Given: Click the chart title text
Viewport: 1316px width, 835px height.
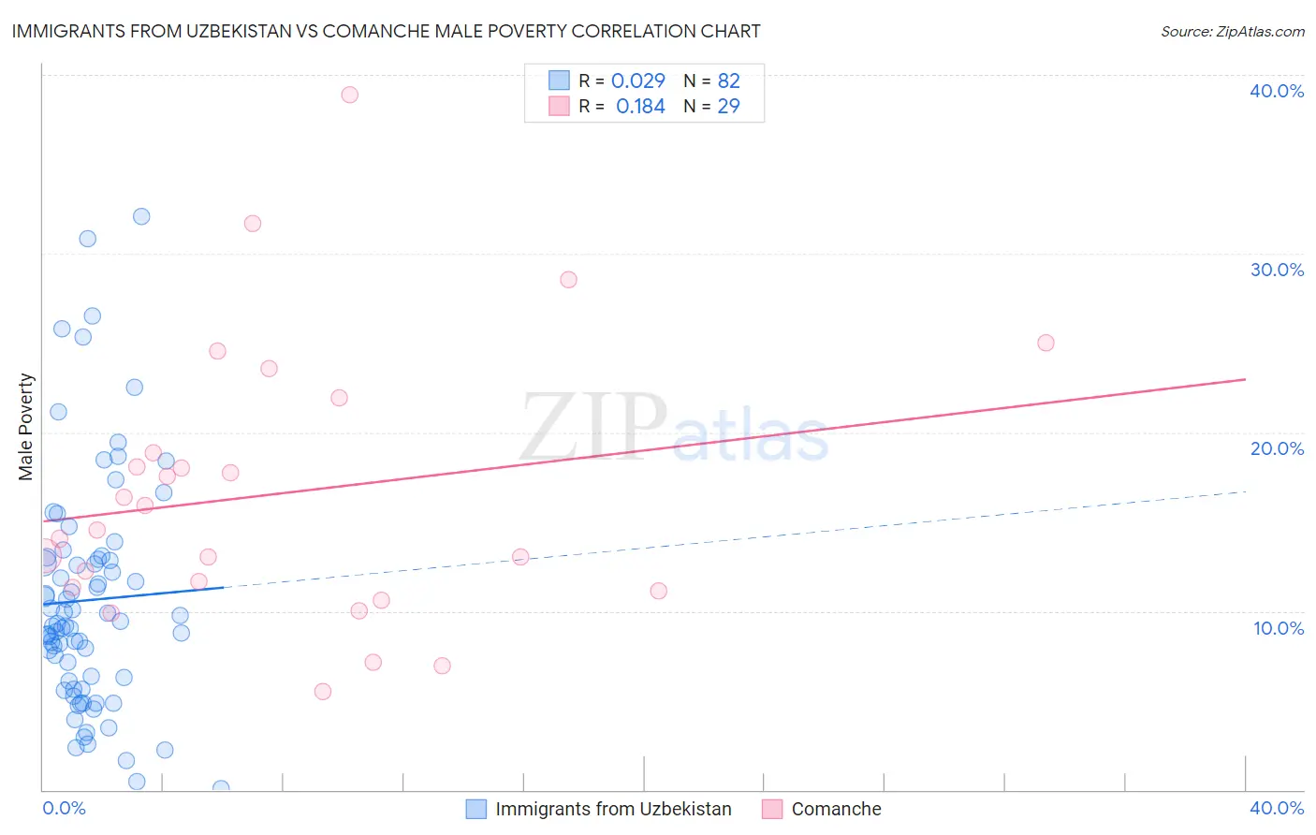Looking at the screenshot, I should click(386, 31).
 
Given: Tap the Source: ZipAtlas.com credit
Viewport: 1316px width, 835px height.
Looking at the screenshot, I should click(1232, 31).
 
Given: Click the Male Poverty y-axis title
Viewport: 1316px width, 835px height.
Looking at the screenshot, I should click(26, 427).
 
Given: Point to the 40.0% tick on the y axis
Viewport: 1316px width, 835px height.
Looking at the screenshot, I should click(1276, 91).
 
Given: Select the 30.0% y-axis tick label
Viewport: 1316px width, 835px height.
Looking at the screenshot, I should click(1276, 270).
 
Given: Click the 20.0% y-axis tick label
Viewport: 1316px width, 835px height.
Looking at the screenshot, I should click(1276, 448).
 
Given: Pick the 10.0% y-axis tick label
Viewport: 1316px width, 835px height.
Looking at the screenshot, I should click(1278, 628).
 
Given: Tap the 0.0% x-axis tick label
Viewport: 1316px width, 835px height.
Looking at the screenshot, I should click(64, 808).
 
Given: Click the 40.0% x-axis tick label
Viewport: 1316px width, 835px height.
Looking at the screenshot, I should click(1276, 808).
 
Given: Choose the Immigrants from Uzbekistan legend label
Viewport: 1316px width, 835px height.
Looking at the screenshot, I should click(613, 809).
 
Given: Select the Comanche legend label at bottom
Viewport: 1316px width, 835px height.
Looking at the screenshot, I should click(836, 809).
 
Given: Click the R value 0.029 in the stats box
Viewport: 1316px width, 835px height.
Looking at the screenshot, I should click(637, 81).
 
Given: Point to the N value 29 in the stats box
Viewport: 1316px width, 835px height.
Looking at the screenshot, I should click(728, 107).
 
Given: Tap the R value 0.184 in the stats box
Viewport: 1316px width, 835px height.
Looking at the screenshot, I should click(640, 107).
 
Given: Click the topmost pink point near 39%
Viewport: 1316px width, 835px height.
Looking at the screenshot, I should click(349, 95).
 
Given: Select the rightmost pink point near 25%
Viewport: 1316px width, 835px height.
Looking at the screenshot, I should click(1045, 343).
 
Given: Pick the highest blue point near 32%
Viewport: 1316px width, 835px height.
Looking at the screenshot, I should click(141, 216).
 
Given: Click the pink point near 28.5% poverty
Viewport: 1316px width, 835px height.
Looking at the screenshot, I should click(568, 280).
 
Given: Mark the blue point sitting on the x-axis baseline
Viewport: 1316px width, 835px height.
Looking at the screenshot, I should click(221, 788).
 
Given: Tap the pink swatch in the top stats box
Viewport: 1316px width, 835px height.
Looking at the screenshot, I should click(559, 106).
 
